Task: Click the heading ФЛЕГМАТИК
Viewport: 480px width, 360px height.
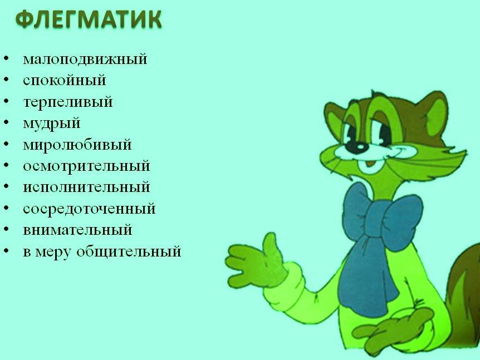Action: click(x=89, y=20)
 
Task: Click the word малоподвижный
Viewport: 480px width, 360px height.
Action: click(x=85, y=59)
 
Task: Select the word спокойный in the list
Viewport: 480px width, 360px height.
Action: click(x=64, y=80)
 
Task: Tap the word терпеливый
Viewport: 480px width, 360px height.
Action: click(x=67, y=102)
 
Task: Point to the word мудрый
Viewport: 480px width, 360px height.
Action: click(x=51, y=123)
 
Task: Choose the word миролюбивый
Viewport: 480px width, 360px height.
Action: click(x=77, y=145)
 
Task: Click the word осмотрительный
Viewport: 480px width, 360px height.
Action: click(x=86, y=166)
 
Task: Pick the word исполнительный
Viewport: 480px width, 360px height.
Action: click(x=86, y=187)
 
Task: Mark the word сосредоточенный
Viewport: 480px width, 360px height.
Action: click(x=89, y=209)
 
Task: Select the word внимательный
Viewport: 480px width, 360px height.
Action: click(x=77, y=230)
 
